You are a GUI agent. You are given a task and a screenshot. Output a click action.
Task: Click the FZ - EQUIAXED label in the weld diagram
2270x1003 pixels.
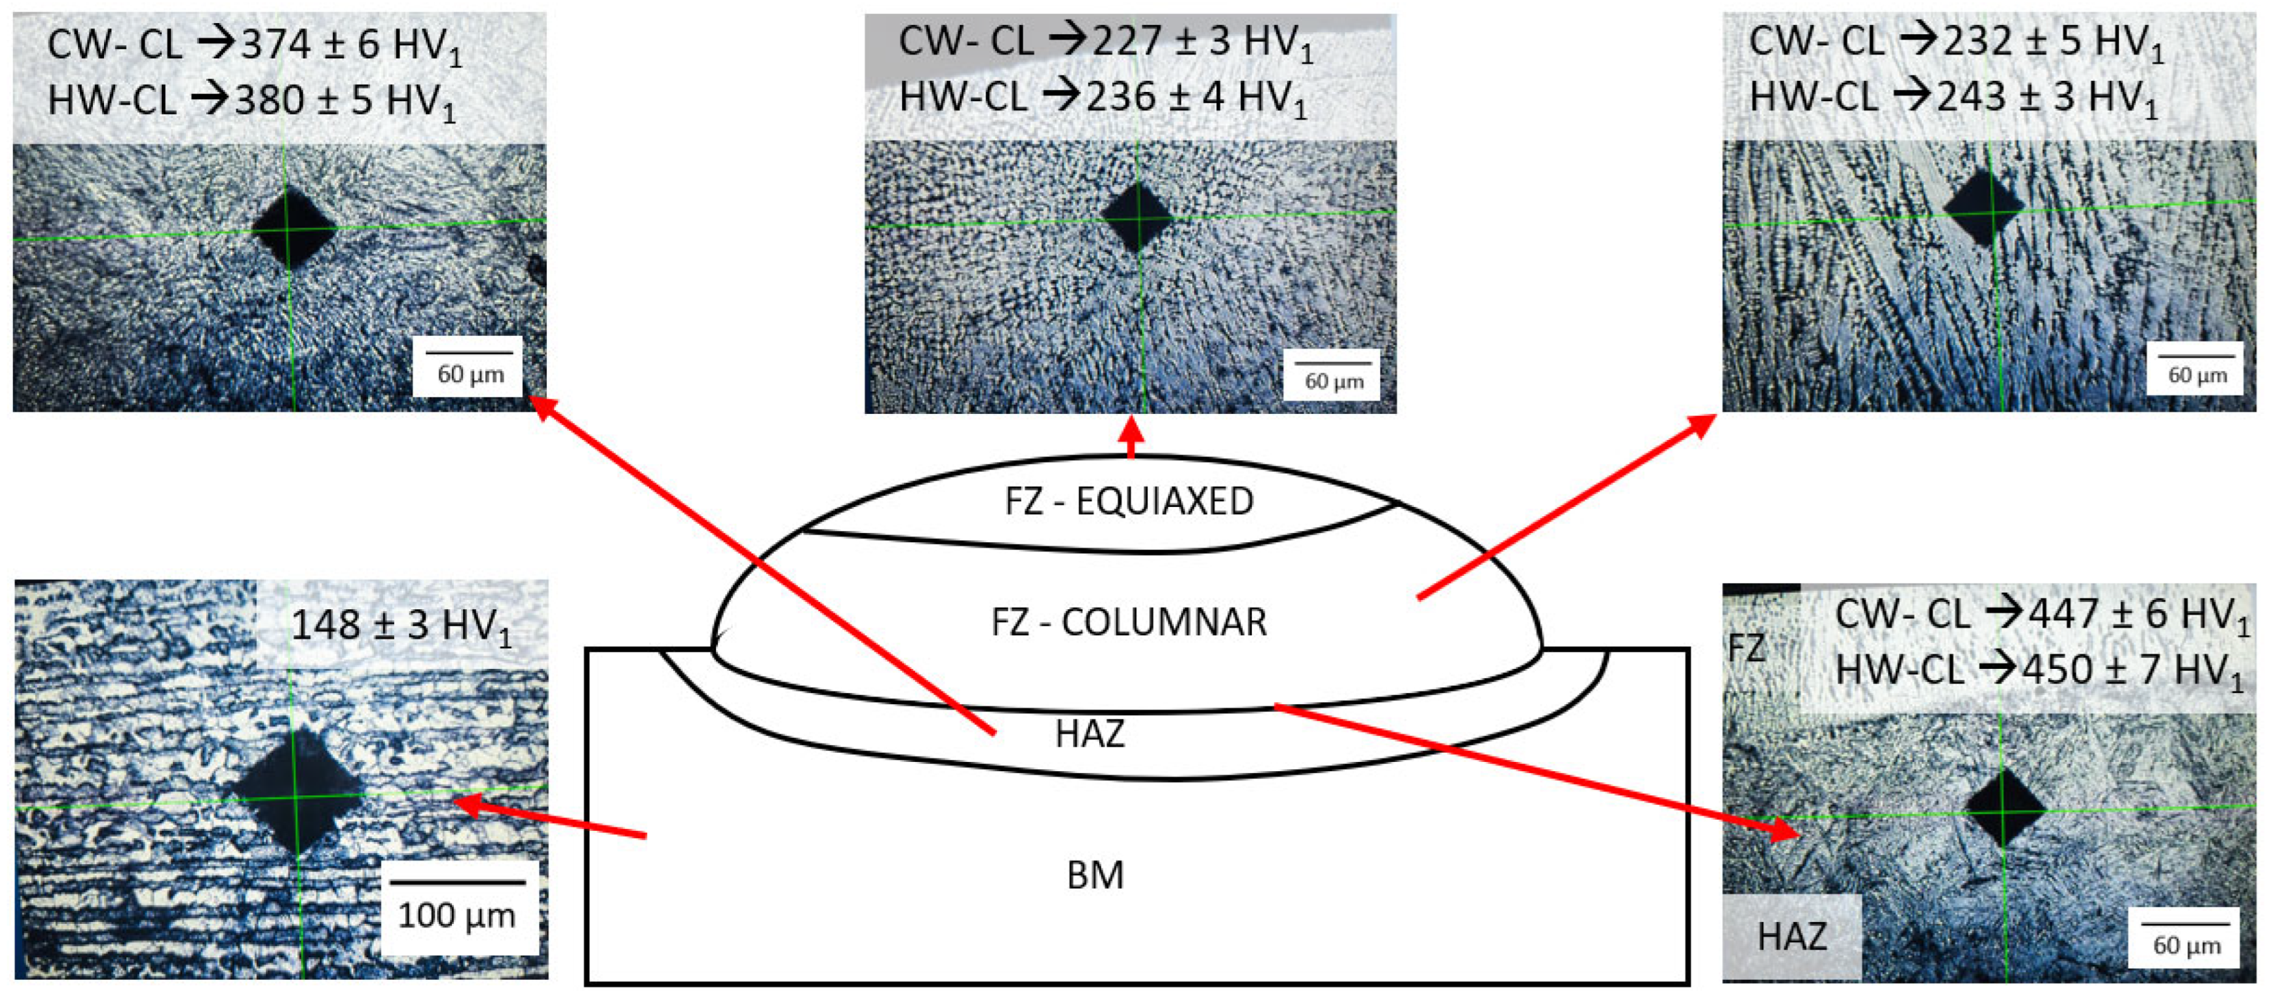point(1129,501)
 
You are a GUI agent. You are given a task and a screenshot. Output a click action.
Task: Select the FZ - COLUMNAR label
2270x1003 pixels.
point(1129,622)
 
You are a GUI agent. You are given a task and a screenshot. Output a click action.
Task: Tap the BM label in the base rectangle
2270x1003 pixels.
point(1095,875)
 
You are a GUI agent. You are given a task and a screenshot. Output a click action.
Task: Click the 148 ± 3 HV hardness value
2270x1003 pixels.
point(401,626)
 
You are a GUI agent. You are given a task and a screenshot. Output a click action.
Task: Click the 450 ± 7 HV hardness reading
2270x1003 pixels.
point(2133,671)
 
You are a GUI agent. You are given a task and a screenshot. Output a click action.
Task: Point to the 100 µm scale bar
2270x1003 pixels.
point(457,882)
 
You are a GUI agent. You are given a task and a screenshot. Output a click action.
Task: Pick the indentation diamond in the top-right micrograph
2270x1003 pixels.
point(1984,208)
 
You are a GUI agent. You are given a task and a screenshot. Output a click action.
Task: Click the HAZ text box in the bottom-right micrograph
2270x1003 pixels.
point(1791,936)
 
